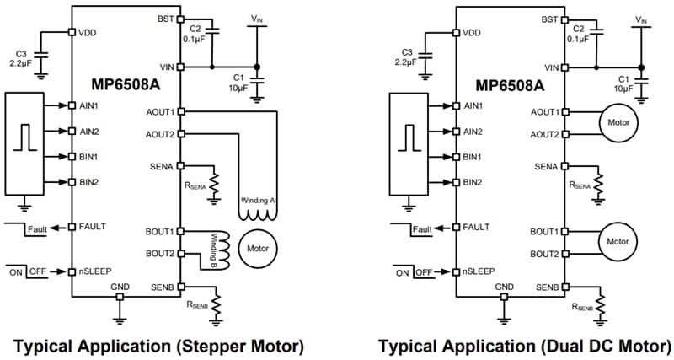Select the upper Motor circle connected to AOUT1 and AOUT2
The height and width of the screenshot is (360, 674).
[x=619, y=123]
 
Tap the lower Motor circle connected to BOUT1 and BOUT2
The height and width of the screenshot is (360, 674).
[x=619, y=242]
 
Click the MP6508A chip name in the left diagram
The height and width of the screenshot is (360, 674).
[x=126, y=85]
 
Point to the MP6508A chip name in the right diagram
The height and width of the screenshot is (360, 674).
[x=511, y=85]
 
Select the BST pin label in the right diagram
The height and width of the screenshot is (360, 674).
[x=549, y=19]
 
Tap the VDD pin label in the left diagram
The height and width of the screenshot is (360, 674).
[x=89, y=33]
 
